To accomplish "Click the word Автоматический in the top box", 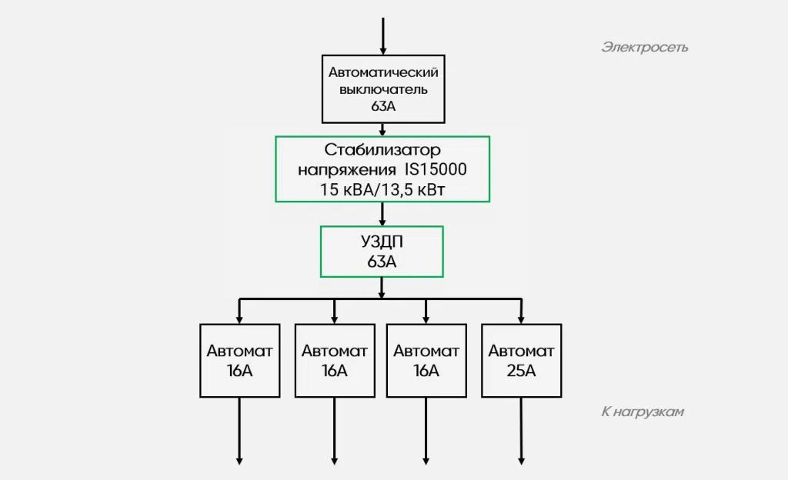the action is [383, 72].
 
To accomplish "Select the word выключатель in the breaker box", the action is [383, 89].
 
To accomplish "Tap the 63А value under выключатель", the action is [383, 106].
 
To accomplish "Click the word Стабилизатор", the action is [382, 150].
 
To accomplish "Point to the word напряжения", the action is [347, 170].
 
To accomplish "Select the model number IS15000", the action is [436, 169].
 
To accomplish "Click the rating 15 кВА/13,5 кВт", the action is [382, 189].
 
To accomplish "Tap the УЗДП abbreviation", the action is [382, 242].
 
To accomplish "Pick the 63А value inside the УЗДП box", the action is [382, 262].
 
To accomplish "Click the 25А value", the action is [521, 371].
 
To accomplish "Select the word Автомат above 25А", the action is [521, 351].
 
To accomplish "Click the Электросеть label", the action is [644, 47].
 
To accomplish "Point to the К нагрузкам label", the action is [643, 412].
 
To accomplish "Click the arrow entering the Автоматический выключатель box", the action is [383, 36].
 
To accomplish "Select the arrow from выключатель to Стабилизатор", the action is [382, 129].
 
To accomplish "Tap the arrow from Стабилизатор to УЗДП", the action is [382, 214].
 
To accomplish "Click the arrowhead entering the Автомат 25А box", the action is [521, 320].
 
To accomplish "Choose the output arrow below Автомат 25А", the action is [521, 431].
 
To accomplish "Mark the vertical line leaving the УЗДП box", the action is [382, 288].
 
